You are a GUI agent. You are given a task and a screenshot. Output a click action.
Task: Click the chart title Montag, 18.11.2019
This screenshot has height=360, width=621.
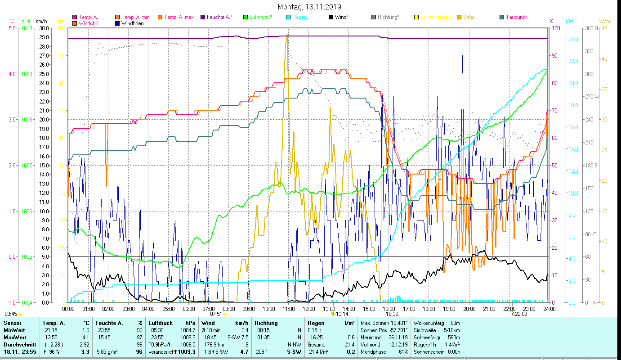309,7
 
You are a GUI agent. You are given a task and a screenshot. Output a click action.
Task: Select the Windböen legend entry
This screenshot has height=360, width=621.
132,23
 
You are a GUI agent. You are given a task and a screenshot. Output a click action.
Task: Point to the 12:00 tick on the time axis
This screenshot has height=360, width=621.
309,309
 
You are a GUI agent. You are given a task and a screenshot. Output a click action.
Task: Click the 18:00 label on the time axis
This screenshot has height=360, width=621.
429,309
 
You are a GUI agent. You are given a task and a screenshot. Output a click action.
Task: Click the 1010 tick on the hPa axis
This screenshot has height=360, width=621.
27,28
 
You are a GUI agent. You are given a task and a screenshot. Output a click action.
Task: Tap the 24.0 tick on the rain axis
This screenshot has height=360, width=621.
573,39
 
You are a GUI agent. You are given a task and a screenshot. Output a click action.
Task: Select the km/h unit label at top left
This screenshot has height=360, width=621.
41,21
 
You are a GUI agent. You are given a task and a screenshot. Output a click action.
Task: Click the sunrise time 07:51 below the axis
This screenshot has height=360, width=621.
216,314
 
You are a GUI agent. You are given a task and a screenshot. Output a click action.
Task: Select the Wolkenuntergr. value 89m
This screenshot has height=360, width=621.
455,323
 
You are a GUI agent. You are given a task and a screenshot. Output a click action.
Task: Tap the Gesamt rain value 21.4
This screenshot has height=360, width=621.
349,344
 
